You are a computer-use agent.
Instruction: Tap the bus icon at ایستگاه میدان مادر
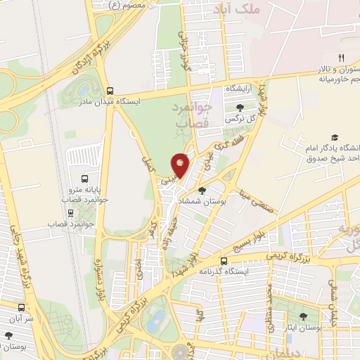[109, 91]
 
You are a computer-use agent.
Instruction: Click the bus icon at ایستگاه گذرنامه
[224, 260]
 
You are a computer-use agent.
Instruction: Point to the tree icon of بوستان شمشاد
[202, 190]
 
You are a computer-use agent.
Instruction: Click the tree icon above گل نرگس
[241, 108]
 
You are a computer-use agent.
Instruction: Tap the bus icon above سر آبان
[21, 307]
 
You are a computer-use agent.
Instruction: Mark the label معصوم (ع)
[128, 5]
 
